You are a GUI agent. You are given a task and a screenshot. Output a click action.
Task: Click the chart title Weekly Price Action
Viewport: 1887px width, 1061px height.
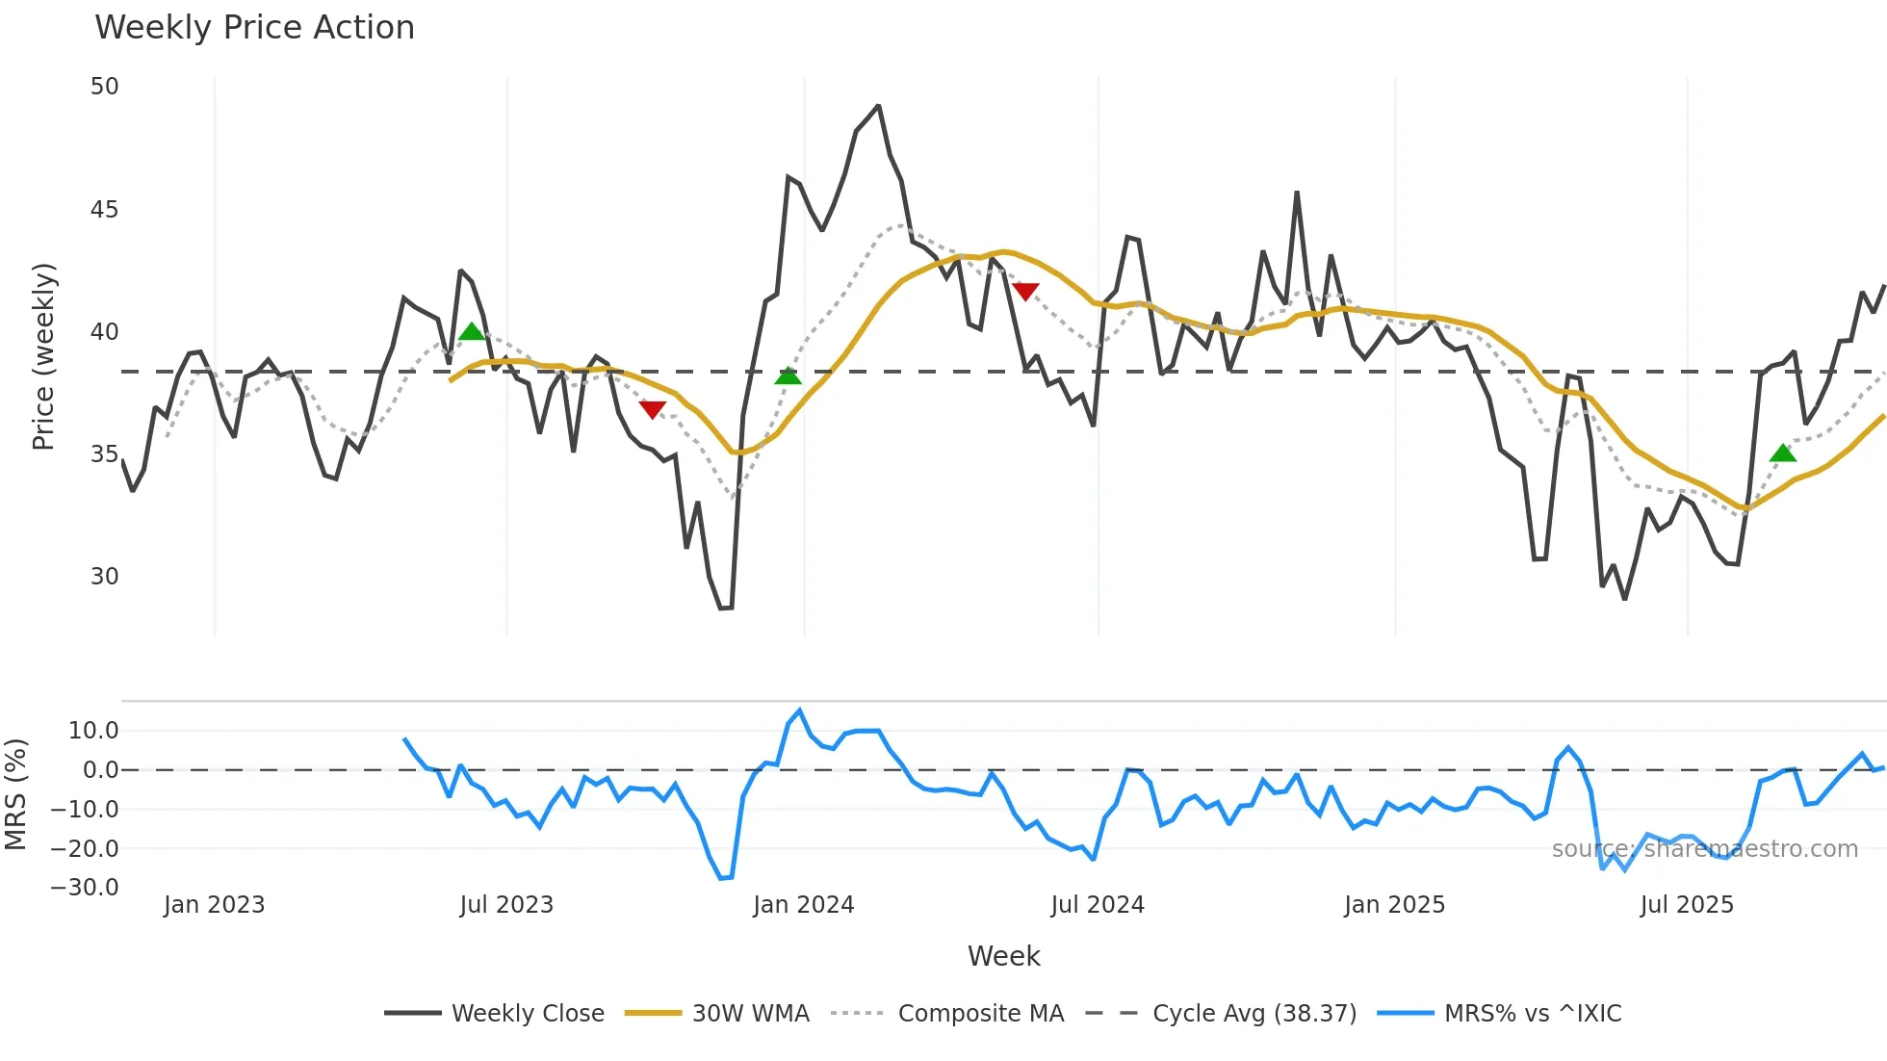(x=254, y=28)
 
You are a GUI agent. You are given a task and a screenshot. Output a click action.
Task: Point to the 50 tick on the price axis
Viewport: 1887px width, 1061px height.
(x=104, y=87)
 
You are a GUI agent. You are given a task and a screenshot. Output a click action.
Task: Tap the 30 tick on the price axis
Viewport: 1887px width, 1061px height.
(x=104, y=577)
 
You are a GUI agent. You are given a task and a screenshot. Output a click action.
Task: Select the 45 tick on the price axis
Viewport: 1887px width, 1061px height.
(x=104, y=210)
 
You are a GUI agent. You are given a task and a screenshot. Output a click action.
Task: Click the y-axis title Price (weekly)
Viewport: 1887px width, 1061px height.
(x=44, y=356)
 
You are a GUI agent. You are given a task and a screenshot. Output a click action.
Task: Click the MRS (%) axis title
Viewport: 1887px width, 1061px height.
(x=16, y=794)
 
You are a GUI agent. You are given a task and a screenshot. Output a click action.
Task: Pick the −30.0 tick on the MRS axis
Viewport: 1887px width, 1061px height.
(x=85, y=888)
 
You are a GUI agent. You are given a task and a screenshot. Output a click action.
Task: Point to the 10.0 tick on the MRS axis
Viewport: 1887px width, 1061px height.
(x=93, y=731)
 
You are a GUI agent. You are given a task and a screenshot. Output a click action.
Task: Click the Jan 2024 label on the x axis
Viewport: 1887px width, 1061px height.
(x=803, y=905)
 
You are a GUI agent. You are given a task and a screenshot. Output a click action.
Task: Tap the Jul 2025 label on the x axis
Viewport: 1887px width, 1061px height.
(x=1687, y=905)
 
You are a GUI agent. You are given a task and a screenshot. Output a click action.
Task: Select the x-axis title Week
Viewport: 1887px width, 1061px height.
(x=1003, y=956)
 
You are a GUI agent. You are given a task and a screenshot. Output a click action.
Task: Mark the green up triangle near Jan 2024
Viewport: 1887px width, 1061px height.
(x=788, y=376)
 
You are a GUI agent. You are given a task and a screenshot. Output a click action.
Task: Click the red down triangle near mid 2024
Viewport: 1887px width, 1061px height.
(x=1025, y=291)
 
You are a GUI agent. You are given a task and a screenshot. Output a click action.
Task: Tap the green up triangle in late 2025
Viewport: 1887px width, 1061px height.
(x=1783, y=453)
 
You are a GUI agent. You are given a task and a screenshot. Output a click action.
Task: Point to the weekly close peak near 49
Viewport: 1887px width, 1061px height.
(x=878, y=106)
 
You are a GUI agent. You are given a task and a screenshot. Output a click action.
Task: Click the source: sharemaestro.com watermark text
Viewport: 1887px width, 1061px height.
(x=1704, y=849)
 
